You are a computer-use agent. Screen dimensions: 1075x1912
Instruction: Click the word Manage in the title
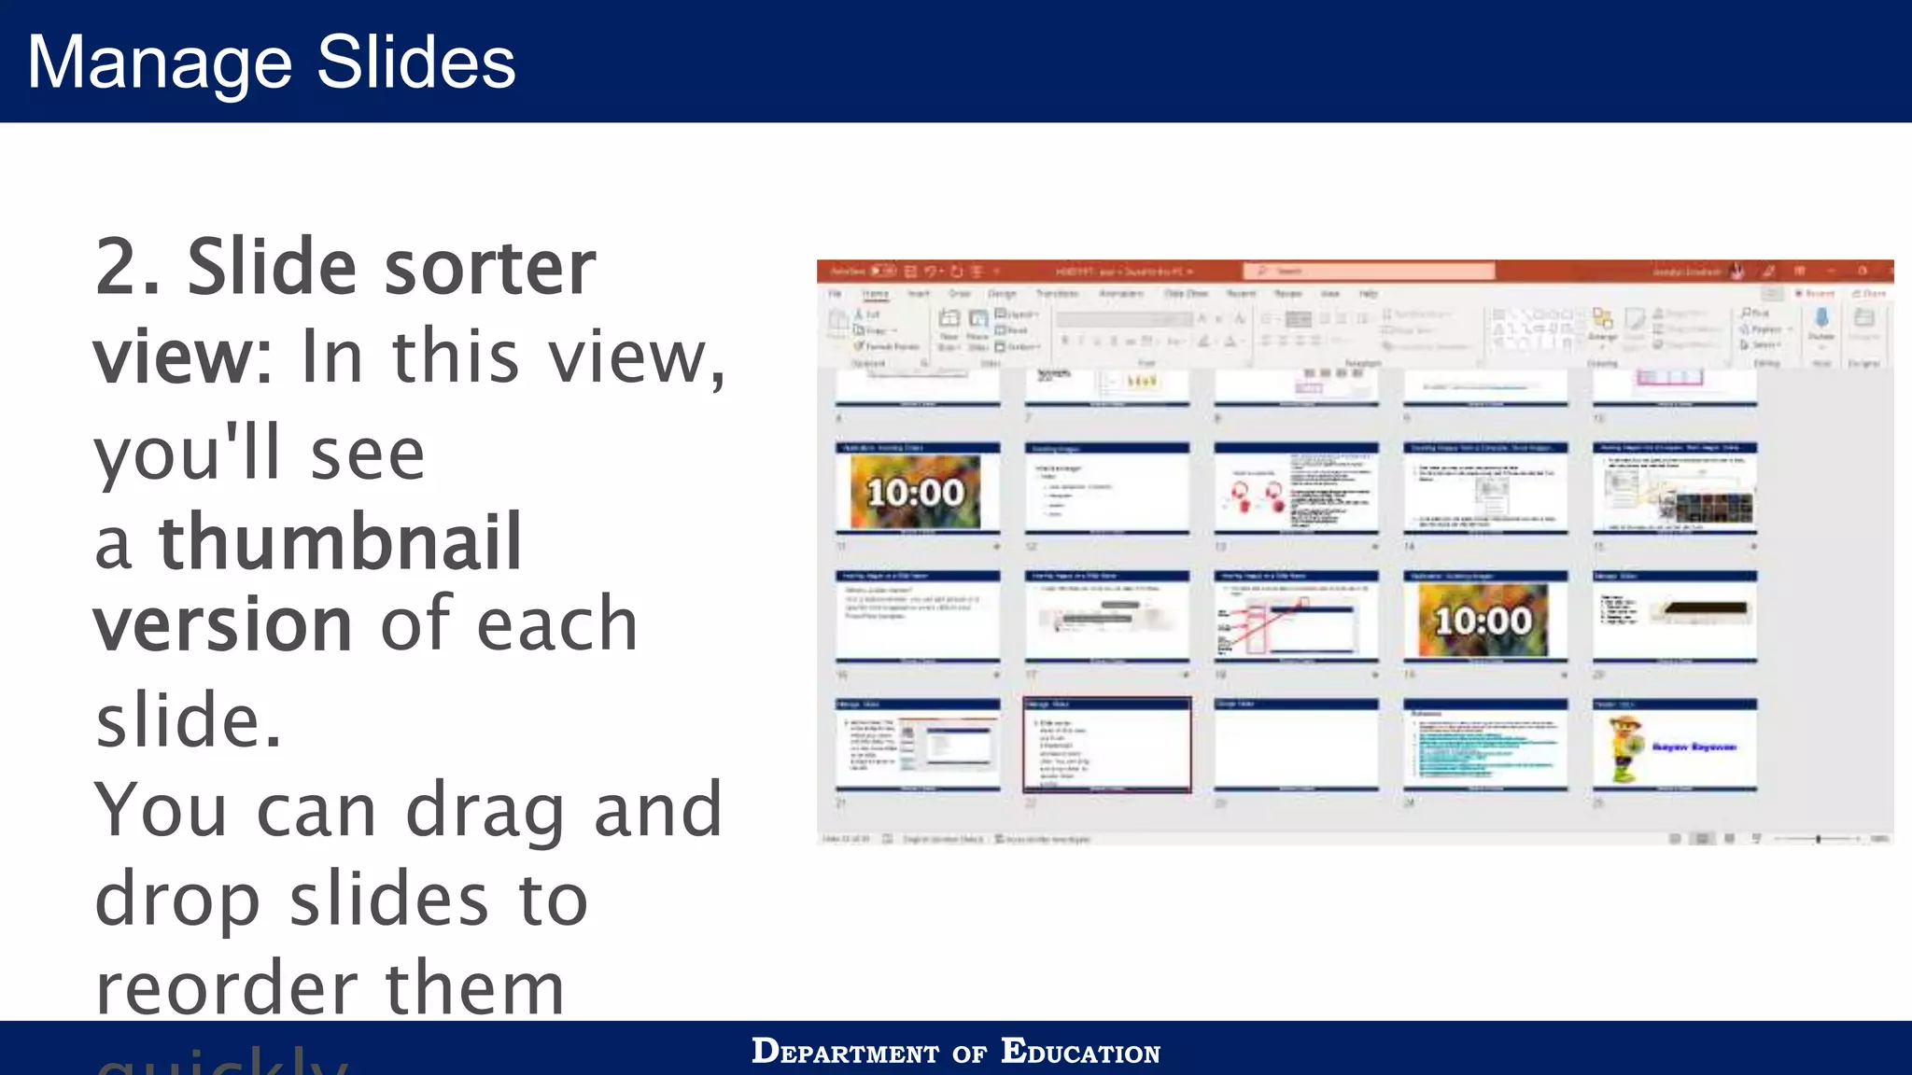click(159, 63)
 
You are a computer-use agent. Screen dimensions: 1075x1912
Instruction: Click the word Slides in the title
click(415, 63)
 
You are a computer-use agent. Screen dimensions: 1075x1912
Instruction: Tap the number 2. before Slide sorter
click(128, 268)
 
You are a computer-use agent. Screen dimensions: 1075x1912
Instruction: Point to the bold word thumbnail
click(340, 542)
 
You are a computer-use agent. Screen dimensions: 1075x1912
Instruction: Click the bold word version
click(222, 623)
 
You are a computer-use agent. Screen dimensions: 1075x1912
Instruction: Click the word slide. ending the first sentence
click(188, 720)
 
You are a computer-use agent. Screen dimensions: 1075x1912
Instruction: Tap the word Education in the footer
click(1080, 1052)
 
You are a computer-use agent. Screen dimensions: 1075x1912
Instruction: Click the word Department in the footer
click(845, 1052)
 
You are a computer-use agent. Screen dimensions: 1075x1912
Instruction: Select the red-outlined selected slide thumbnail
click(1107, 745)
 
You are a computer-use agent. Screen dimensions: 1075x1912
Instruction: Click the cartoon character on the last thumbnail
click(1625, 749)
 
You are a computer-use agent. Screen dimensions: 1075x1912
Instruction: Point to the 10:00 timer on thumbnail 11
click(915, 492)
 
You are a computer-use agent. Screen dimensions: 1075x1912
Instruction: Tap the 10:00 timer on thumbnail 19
click(1483, 621)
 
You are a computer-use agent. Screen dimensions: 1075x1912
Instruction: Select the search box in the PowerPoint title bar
click(1368, 271)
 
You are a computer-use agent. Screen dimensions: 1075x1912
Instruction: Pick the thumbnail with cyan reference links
click(1485, 745)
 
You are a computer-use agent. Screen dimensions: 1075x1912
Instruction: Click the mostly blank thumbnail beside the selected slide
click(1296, 745)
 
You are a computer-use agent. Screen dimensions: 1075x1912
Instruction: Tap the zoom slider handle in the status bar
click(1818, 839)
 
